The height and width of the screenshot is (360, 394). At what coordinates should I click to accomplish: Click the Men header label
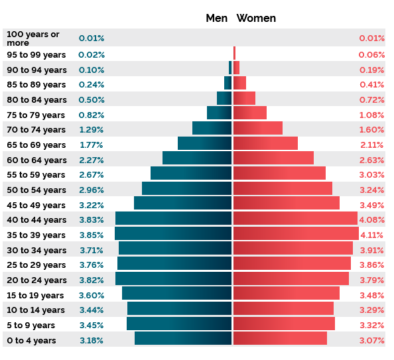click(216, 19)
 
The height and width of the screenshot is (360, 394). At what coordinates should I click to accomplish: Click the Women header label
click(256, 19)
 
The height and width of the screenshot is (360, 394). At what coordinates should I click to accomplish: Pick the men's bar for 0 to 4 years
click(183, 338)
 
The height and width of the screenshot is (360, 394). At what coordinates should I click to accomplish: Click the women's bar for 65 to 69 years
click(265, 143)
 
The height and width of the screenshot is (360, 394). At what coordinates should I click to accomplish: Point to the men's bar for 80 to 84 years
click(224, 98)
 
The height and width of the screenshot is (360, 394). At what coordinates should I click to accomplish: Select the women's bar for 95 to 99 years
click(234, 53)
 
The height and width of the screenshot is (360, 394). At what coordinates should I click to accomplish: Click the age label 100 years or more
click(33, 38)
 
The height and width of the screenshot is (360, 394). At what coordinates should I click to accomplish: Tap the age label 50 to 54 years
click(36, 190)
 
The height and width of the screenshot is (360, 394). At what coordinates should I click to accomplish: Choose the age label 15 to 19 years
click(35, 295)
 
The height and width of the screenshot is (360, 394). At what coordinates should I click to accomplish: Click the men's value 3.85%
click(92, 235)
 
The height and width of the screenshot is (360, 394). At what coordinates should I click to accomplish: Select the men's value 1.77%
click(92, 145)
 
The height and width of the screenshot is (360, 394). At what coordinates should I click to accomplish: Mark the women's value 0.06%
click(371, 55)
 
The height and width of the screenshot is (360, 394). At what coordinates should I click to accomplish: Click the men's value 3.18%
click(92, 341)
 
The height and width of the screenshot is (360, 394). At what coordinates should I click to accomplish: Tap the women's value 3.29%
click(371, 310)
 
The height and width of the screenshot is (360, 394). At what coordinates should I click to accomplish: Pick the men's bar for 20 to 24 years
click(173, 278)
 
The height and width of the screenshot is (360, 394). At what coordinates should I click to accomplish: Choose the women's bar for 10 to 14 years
click(283, 308)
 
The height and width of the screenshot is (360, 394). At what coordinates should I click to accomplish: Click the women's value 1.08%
click(371, 115)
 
